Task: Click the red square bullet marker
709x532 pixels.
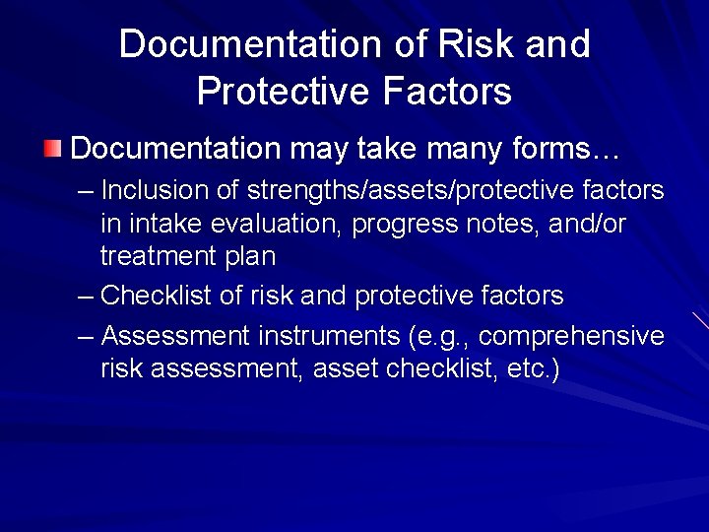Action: coord(52,150)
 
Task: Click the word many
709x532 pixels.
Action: coord(431,150)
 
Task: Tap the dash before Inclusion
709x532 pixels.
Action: coord(86,190)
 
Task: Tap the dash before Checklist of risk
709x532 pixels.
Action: coord(86,296)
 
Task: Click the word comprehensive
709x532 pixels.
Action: coord(571,337)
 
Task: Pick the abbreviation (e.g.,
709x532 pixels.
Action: coord(438,337)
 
